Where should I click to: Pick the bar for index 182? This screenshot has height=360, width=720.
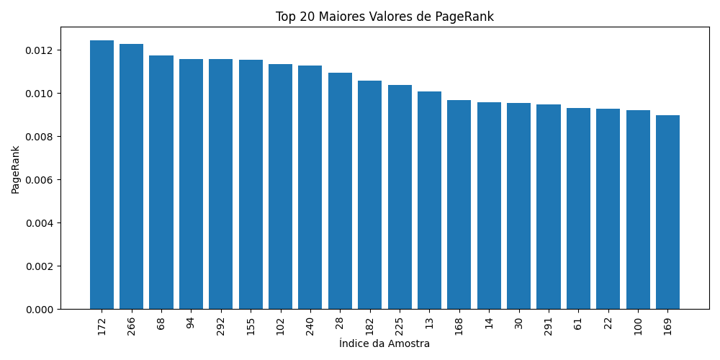coord(369,194)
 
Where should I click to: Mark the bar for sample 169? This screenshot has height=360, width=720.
coord(667,212)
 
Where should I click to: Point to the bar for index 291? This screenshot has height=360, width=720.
coord(549,207)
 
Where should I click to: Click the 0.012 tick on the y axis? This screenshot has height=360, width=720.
coord(39,50)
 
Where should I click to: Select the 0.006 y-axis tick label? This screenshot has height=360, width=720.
coord(39,180)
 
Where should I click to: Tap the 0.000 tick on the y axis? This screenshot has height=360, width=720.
coord(39,310)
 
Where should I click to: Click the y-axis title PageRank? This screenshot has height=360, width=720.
coord(15,169)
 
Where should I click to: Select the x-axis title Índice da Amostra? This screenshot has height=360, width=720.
coord(384,344)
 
